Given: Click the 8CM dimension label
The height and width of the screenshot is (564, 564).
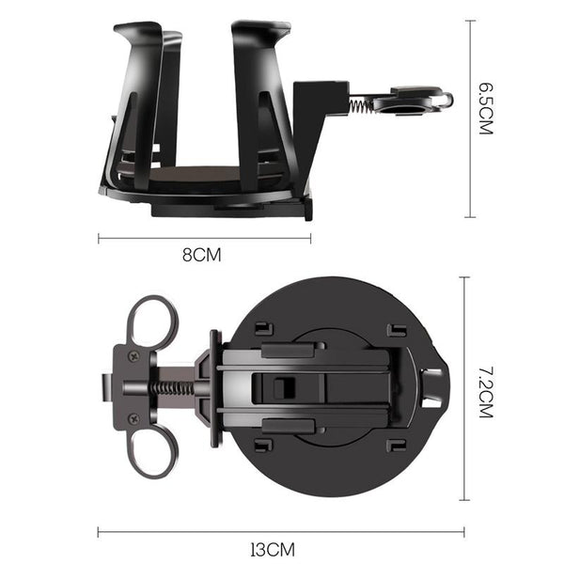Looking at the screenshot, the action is (x=201, y=255).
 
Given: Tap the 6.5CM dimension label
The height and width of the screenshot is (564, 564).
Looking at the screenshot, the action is (x=486, y=109).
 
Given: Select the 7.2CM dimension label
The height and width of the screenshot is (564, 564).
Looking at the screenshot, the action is (x=486, y=392).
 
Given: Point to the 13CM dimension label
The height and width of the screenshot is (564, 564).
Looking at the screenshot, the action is (x=273, y=549).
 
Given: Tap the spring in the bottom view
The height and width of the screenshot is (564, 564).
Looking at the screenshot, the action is (x=171, y=388).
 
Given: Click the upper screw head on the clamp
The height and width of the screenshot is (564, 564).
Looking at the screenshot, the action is (x=134, y=356).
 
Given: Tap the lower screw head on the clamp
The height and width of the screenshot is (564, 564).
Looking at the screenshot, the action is (x=134, y=418).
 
